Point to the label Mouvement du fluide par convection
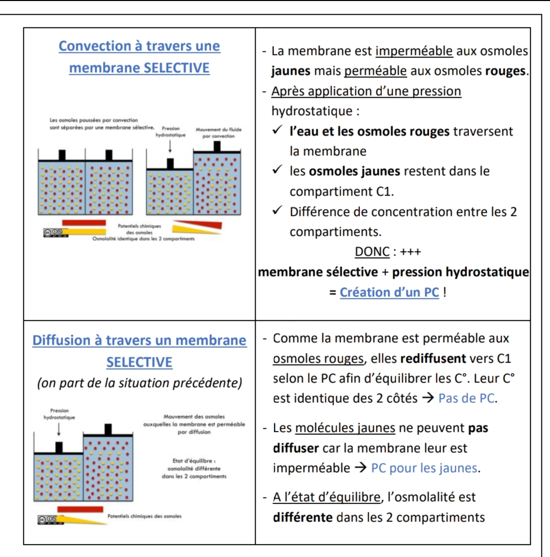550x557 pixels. tap(218, 132)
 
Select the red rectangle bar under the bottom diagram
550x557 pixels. tap(80, 509)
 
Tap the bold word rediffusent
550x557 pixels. tap(435, 358)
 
